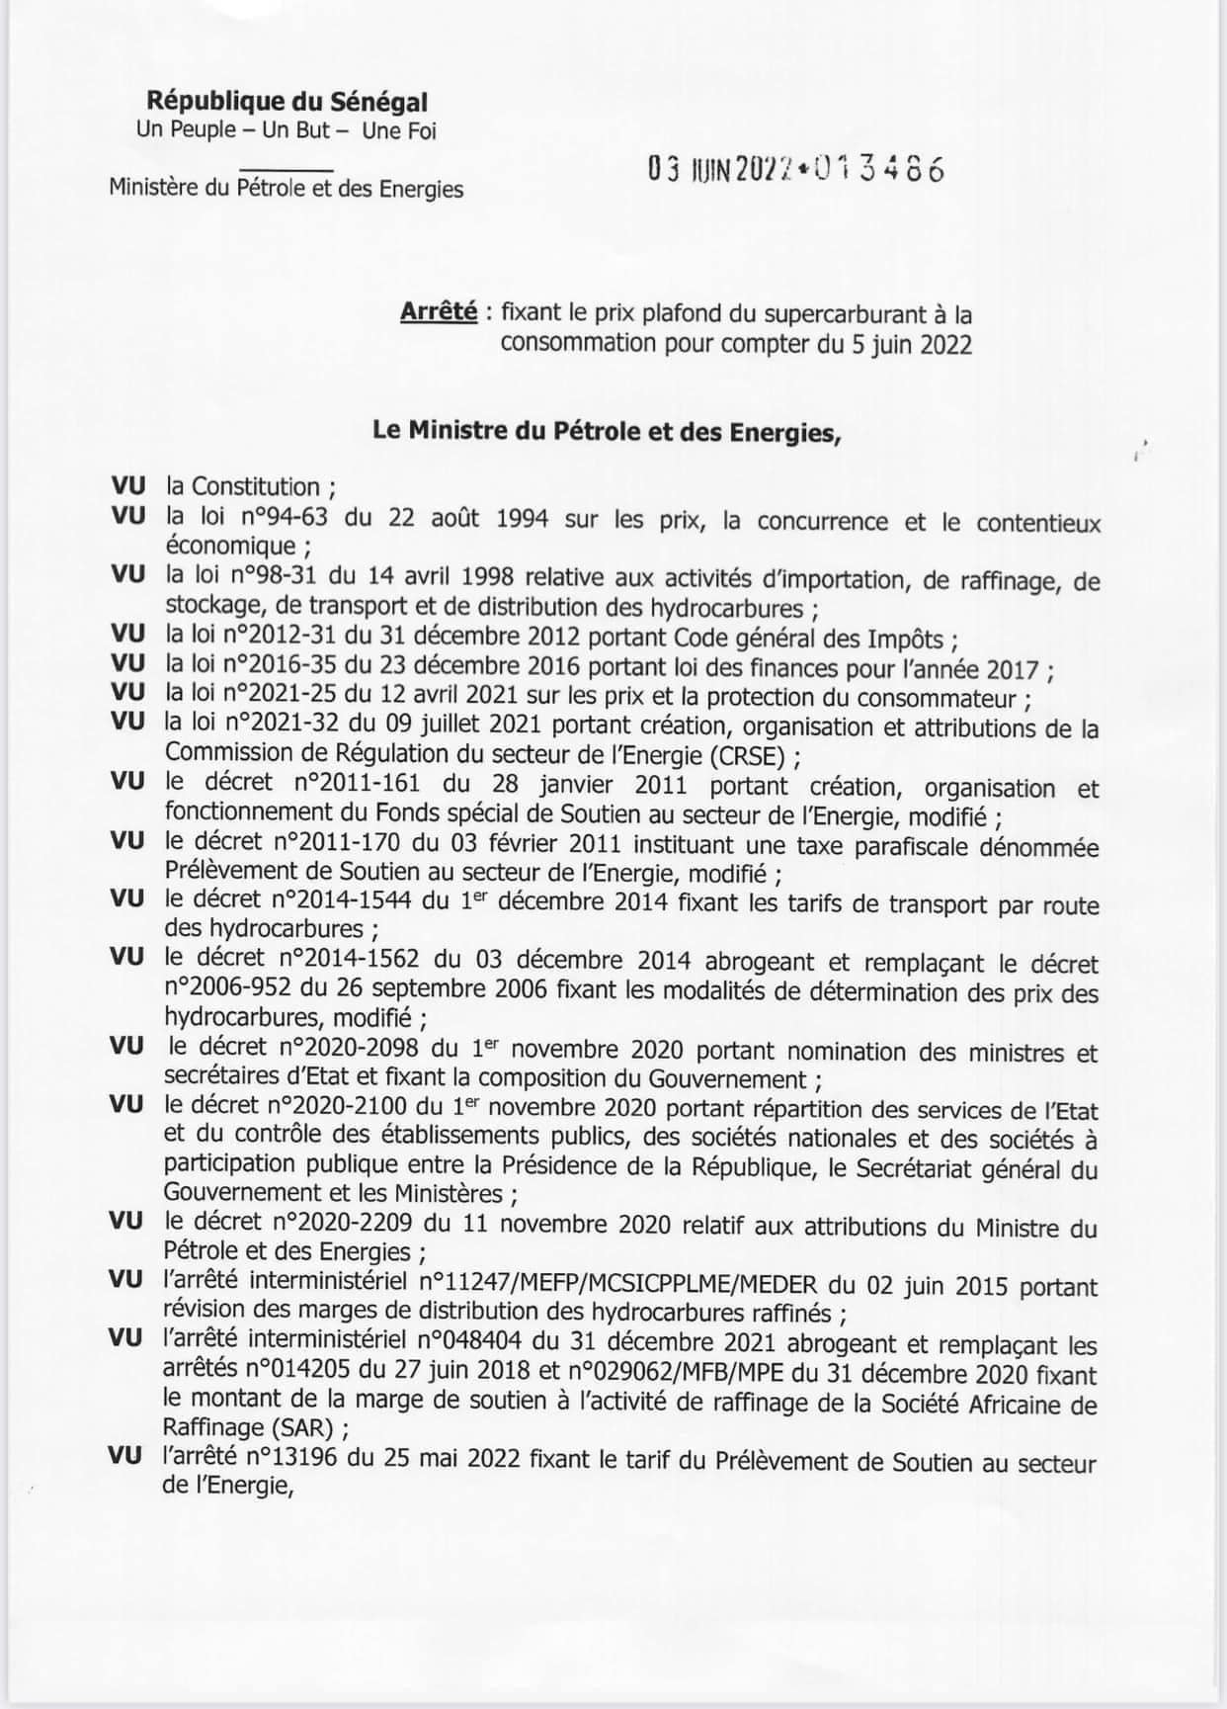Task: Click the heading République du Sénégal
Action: tap(286, 101)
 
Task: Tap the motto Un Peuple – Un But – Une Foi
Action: tap(286, 129)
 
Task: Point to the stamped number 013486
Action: tap(879, 170)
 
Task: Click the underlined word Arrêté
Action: tap(439, 312)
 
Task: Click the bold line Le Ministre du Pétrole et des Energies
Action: tap(606, 431)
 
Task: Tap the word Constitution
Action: tap(256, 486)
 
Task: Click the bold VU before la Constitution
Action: tap(128, 486)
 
